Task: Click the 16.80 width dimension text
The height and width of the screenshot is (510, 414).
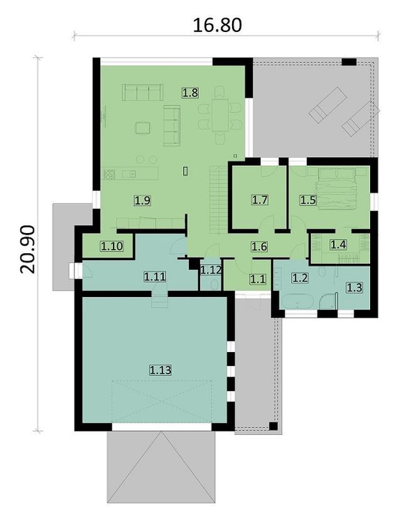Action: [x=217, y=25]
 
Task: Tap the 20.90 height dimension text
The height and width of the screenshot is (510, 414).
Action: [x=28, y=249]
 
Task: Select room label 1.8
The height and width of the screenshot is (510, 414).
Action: [x=190, y=93]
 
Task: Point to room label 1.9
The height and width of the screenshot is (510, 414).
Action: [x=142, y=200]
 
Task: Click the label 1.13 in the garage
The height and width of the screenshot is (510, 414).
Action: [x=160, y=370]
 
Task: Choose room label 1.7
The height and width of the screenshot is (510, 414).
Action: [x=260, y=200]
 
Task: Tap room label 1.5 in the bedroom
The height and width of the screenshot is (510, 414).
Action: [x=308, y=200]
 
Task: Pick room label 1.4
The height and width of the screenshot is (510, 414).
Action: [x=338, y=244]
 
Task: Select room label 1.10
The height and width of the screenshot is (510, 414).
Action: [x=112, y=246]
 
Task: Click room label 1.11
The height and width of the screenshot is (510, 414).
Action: [x=155, y=277]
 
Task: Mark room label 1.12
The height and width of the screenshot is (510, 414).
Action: [x=211, y=269]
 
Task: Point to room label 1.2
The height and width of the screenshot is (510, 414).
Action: [x=300, y=278]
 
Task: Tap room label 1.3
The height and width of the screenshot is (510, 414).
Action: [x=354, y=288]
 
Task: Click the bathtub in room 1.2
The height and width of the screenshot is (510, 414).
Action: [x=297, y=301]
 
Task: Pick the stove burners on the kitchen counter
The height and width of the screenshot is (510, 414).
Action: [x=109, y=175]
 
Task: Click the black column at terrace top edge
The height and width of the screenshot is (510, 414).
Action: [x=349, y=62]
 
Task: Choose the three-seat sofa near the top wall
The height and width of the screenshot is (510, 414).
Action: [x=142, y=92]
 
